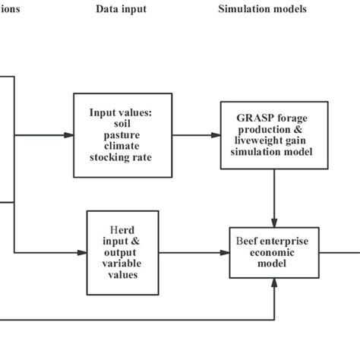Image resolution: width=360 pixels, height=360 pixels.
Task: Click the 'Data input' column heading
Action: [x=122, y=9]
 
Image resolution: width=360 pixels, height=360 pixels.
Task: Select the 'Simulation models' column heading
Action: [x=262, y=9]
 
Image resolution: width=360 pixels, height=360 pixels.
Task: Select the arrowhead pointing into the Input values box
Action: [x=70, y=136]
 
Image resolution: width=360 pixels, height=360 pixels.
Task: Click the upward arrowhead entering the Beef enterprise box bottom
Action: [x=273, y=287]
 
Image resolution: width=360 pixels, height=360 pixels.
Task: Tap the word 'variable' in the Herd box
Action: [x=122, y=263]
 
